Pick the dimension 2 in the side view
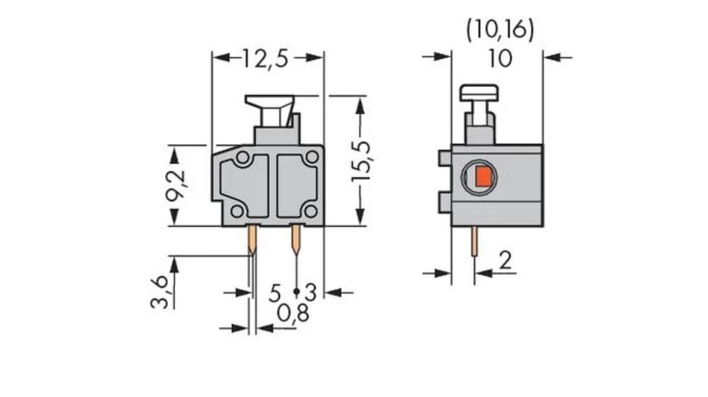[504, 261]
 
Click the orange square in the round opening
[483, 177]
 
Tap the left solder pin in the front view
[251, 241]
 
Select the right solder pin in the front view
[295, 241]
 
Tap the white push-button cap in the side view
[479, 92]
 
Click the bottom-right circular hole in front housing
[310, 210]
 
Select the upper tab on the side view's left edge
[445, 158]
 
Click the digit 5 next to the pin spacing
[275, 292]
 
